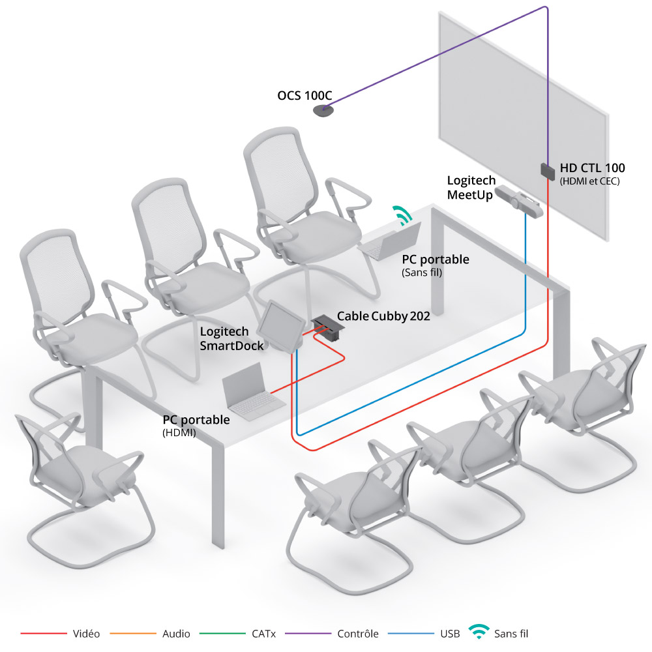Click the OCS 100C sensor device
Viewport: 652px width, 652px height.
(x=323, y=111)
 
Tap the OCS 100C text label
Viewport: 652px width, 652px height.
(x=304, y=96)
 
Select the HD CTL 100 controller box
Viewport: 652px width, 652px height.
(x=547, y=171)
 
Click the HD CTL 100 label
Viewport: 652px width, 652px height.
(x=592, y=168)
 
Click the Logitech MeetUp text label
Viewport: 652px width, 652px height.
(x=471, y=188)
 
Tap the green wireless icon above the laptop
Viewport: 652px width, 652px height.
(x=402, y=215)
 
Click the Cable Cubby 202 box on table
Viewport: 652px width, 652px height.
(x=327, y=327)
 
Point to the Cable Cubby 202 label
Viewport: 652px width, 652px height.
(x=383, y=316)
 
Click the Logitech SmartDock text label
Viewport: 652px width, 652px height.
(x=231, y=338)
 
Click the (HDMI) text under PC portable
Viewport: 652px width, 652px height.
(x=179, y=433)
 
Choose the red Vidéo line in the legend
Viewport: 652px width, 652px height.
(x=44, y=633)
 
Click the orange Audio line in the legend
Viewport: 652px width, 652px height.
(x=133, y=633)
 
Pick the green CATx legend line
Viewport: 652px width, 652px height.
(x=222, y=633)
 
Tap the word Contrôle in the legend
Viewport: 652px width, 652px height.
(x=358, y=634)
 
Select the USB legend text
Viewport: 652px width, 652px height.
(x=450, y=634)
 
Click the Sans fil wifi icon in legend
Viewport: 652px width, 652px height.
(x=479, y=631)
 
